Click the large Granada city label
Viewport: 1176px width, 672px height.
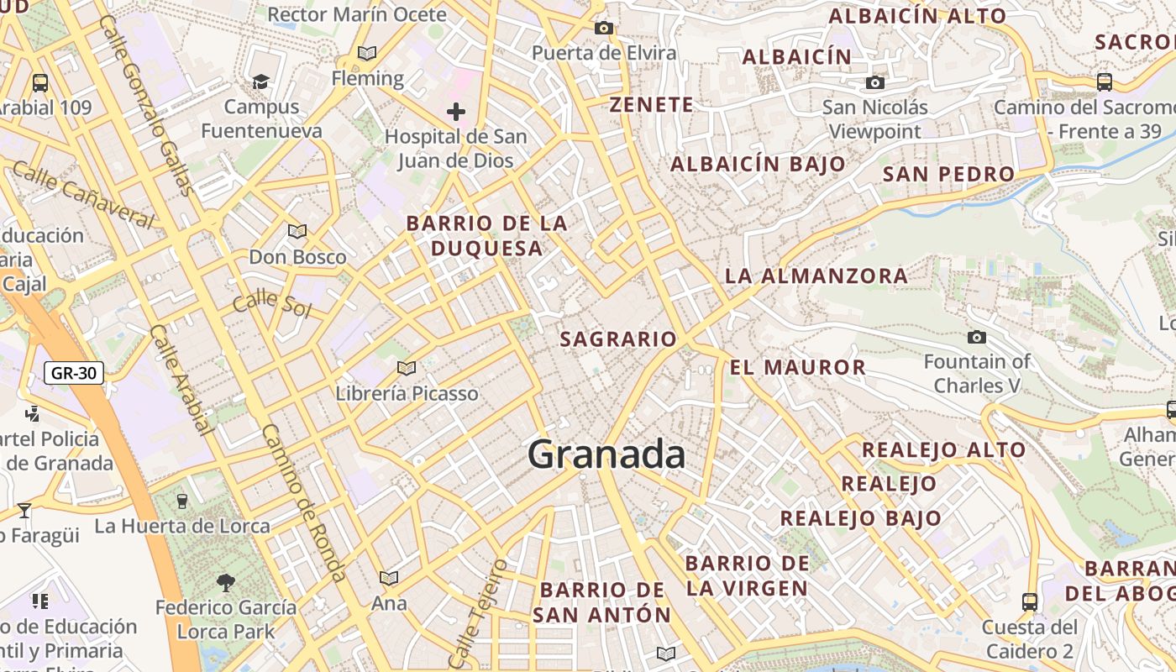[606, 454]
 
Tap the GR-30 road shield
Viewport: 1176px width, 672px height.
[74, 373]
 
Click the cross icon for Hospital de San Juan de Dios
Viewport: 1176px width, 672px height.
[456, 111]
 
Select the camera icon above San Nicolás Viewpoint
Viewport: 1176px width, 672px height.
[875, 82]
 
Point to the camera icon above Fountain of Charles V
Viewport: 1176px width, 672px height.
[976, 337]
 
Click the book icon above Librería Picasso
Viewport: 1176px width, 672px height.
[407, 368]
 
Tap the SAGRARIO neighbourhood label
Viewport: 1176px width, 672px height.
[617, 339]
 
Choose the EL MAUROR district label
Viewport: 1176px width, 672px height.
[797, 367]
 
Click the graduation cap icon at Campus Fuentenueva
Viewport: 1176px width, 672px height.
[261, 81]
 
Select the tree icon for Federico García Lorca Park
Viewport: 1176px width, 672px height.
[225, 581]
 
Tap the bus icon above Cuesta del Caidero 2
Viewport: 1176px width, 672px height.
[1030, 601]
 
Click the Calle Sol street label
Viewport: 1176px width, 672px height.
[272, 303]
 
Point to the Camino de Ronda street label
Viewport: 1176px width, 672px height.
[304, 502]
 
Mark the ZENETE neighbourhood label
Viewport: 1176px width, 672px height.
[652, 105]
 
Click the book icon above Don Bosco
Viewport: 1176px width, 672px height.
[297, 231]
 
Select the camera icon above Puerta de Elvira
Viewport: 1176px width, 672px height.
[603, 28]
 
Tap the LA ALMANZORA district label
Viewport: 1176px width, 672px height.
[816, 276]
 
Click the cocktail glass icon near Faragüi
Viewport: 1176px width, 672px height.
[24, 510]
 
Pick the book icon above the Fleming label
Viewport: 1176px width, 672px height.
[367, 53]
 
